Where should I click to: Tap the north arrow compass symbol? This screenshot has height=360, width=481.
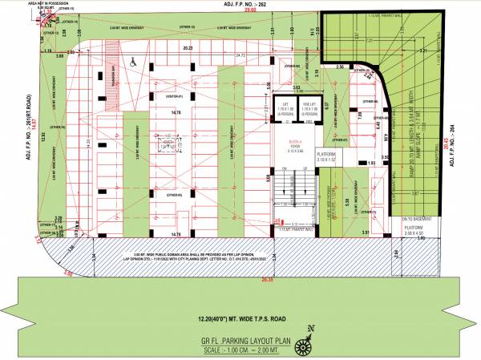coord(305,346)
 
